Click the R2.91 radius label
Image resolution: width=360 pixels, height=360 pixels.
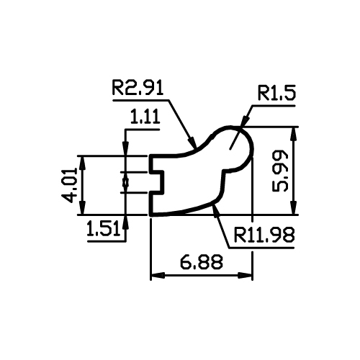click(x=138, y=88)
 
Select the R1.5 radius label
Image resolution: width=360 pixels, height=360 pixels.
click(x=276, y=93)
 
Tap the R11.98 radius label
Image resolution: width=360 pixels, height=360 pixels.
click(x=264, y=235)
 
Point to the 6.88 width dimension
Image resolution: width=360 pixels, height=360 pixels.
click(x=202, y=261)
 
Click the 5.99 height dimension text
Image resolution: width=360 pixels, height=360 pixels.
click(x=280, y=171)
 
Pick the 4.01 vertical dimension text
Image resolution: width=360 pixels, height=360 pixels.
click(x=69, y=185)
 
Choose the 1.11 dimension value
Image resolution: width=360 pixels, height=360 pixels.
click(x=145, y=117)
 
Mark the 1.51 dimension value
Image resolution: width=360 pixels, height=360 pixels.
click(x=103, y=228)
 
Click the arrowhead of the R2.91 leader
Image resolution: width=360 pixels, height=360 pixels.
click(x=192, y=142)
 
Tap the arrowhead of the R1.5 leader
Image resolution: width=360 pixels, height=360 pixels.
click(x=244, y=121)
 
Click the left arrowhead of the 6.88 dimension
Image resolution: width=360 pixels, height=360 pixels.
click(x=158, y=275)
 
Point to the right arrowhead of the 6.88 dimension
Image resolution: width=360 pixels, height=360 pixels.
click(x=245, y=275)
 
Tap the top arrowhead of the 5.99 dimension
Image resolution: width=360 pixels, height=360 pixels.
click(x=294, y=134)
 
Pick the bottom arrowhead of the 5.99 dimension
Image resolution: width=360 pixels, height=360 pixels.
click(x=294, y=207)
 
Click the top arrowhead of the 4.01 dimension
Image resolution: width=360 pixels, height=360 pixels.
click(x=83, y=163)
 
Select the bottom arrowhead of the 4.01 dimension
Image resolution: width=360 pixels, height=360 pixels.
click(x=83, y=207)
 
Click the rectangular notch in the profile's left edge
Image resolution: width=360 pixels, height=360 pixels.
click(x=157, y=182)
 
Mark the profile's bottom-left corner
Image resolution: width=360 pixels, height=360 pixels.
click(x=150, y=215)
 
